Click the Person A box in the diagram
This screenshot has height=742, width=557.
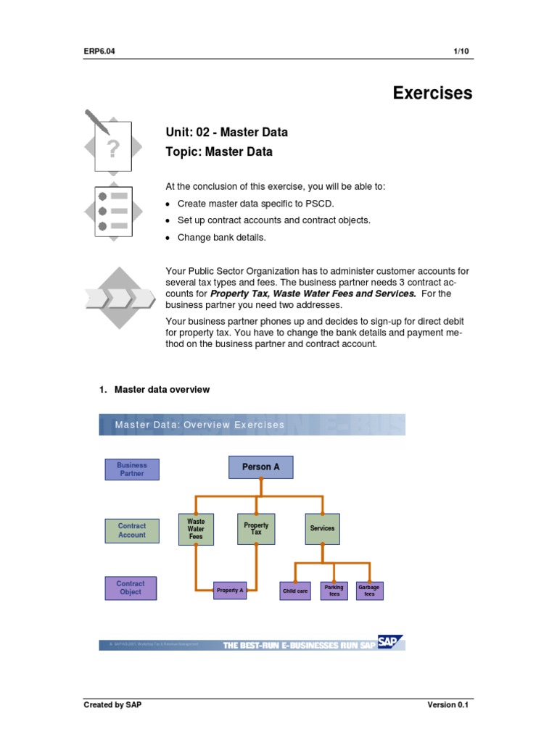pos(261,467)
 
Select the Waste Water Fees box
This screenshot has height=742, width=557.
pos(196,529)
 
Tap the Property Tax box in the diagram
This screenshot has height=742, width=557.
pos(256,529)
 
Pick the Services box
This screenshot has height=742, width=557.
pos(322,529)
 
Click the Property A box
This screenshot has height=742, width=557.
pos(230,591)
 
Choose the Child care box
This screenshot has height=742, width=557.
pos(295,591)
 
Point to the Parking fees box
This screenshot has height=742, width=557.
pos(334,591)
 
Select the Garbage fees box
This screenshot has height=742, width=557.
pos(369,591)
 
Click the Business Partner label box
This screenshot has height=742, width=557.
pos(132,470)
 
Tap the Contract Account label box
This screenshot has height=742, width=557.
pos(132,530)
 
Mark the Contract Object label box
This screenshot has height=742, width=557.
pos(131,588)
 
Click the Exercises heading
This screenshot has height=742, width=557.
pos(432,93)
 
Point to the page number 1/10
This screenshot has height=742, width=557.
pos(463,50)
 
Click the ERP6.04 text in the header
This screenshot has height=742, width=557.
pos(100,50)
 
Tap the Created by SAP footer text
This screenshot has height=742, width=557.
pos(112,705)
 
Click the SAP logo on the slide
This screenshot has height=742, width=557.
pos(390,643)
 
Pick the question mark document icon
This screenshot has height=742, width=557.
pos(111,147)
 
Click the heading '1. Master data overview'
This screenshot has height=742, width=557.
pos(154,390)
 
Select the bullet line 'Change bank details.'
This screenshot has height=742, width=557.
pos(221,238)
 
